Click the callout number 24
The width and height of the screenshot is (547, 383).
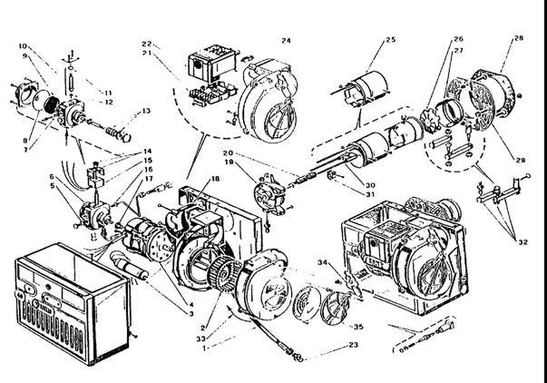(286, 40)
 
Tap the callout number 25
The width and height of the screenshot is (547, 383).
(391, 40)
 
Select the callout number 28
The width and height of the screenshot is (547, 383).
(519, 38)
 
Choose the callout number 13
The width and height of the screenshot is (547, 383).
(145, 113)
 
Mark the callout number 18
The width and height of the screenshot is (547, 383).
(216, 179)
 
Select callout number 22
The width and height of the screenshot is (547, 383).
(145, 44)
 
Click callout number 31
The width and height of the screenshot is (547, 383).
(345, 192)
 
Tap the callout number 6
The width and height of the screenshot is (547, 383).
(53, 176)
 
